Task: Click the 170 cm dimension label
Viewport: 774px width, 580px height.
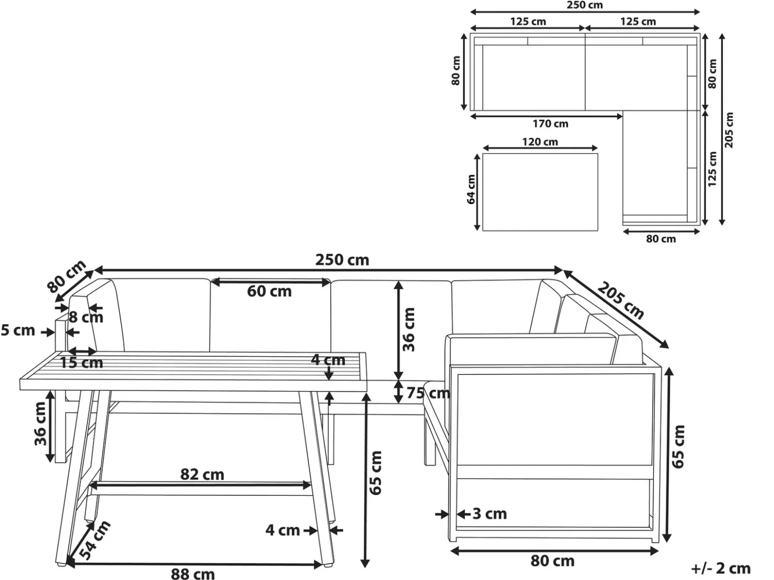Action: tap(550, 124)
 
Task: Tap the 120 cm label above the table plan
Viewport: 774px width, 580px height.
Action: tap(540, 142)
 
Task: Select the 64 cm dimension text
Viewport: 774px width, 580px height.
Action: tap(471, 189)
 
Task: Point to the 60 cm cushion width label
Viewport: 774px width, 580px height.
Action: tap(270, 292)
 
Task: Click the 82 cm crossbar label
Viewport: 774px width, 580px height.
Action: tap(202, 475)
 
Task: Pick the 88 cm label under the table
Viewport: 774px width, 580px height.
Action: tap(193, 574)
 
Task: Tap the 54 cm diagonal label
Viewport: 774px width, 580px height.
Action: tap(94, 539)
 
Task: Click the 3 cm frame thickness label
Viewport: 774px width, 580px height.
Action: tap(490, 514)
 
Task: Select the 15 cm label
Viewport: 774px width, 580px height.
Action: tap(82, 363)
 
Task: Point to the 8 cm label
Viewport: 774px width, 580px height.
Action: tap(86, 317)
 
